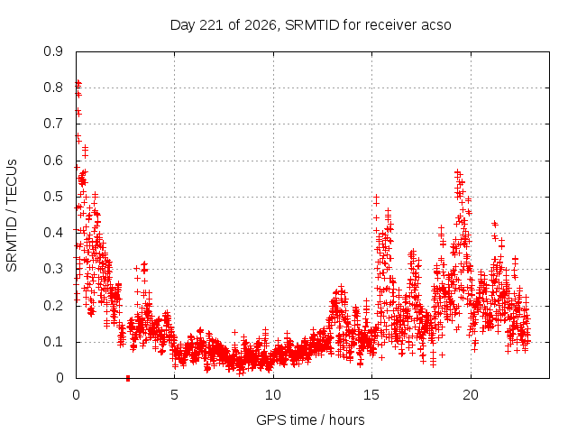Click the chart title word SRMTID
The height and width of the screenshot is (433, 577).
312,25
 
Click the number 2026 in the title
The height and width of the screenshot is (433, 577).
261,25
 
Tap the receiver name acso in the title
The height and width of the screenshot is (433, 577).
436,25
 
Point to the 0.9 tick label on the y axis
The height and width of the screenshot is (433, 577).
53,51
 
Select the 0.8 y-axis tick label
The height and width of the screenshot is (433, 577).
53,88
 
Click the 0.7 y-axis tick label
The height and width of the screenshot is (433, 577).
53,124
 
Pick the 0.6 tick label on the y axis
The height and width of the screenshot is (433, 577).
53,161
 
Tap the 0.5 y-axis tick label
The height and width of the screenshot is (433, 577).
53,197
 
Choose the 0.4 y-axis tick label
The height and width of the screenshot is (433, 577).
53,233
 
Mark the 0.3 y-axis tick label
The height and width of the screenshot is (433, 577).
53,269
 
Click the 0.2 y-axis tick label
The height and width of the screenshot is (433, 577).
53,306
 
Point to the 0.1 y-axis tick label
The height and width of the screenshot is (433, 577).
53,342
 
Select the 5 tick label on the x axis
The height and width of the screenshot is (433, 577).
174,395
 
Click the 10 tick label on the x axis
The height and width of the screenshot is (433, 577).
273,395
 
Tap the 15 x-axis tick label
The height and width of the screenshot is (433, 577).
371,395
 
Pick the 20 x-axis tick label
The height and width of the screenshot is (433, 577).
471,395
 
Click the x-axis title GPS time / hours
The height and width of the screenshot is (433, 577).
310,420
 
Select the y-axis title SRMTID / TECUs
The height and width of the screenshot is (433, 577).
12,216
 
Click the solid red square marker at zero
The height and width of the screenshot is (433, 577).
128,378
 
